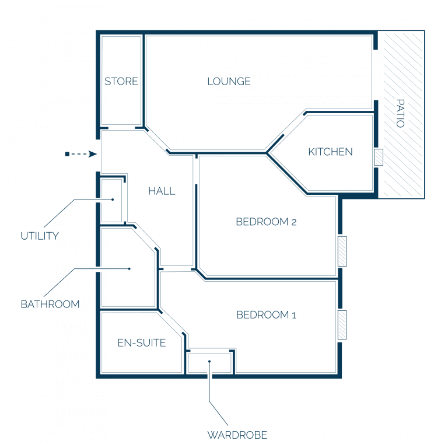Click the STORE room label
(121, 82)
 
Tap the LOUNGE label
(229, 82)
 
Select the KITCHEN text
(330, 152)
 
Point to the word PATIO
(400, 113)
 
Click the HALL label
(162, 191)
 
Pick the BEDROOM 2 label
(266, 222)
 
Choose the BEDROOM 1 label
(266, 315)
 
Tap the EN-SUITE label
(142, 343)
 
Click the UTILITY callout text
(40, 236)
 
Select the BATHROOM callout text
(50, 304)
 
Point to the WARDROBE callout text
(237, 435)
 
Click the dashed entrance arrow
(81, 154)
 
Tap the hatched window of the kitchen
(379, 157)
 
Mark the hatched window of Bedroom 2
(342, 251)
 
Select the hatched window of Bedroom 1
(342, 325)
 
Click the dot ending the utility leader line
(113, 199)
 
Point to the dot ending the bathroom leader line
(129, 268)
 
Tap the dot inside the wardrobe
(209, 362)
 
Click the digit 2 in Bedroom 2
(294, 222)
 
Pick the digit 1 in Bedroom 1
(294, 316)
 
